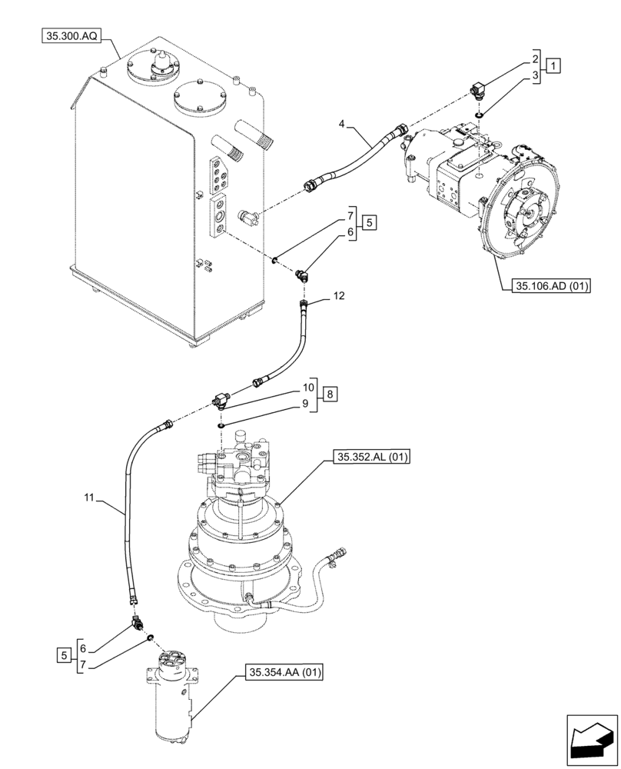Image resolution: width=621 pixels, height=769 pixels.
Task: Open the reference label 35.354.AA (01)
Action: (x=284, y=673)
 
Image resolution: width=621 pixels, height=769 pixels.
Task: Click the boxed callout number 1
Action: (x=554, y=65)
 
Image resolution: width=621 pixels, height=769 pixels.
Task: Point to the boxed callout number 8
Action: (x=330, y=394)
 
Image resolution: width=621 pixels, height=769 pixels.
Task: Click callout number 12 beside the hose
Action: (x=340, y=295)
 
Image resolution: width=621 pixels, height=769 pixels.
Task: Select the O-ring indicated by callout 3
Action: (x=478, y=115)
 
